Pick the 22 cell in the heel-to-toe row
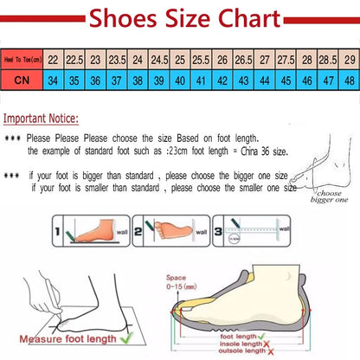coord(54,61)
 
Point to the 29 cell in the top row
coord(348,61)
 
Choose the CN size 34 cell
coord(54,80)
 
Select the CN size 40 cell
coord(180,80)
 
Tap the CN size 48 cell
coord(348,80)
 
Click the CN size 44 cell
coord(265,80)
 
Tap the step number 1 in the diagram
coord(58,232)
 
